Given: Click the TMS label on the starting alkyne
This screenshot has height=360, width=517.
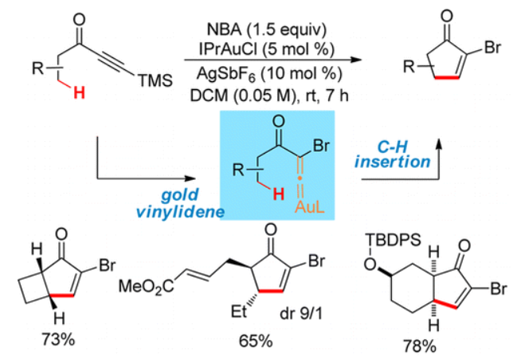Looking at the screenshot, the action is point(155,80).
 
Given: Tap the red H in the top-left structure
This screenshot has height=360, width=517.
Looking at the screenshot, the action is point(79,92).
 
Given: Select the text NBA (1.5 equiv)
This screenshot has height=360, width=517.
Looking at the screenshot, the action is point(266,29).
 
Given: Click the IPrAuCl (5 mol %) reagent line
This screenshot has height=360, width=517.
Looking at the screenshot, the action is point(266,49).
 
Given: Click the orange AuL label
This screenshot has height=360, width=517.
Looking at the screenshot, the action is point(310,207).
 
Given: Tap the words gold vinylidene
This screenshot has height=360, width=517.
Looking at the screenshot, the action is point(180,203).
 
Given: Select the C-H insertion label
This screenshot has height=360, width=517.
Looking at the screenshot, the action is point(393,154).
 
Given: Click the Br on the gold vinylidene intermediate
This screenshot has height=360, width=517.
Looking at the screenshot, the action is point(321,145).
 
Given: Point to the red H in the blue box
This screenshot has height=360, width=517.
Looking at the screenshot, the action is point(279,194).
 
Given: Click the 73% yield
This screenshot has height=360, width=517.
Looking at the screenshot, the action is point(58,339).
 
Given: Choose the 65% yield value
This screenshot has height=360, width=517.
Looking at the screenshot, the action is point(256,341).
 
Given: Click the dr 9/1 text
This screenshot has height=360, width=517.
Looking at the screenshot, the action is point(301,314).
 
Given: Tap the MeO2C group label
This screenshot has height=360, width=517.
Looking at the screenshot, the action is point(147,286).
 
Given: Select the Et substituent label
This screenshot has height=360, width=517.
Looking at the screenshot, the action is point(239,311).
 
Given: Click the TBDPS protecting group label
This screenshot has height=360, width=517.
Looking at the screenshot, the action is point(394,240).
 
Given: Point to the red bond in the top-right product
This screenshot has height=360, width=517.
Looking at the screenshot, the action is point(447,78).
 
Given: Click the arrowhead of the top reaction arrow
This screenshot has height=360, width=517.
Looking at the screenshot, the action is point(356,60).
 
